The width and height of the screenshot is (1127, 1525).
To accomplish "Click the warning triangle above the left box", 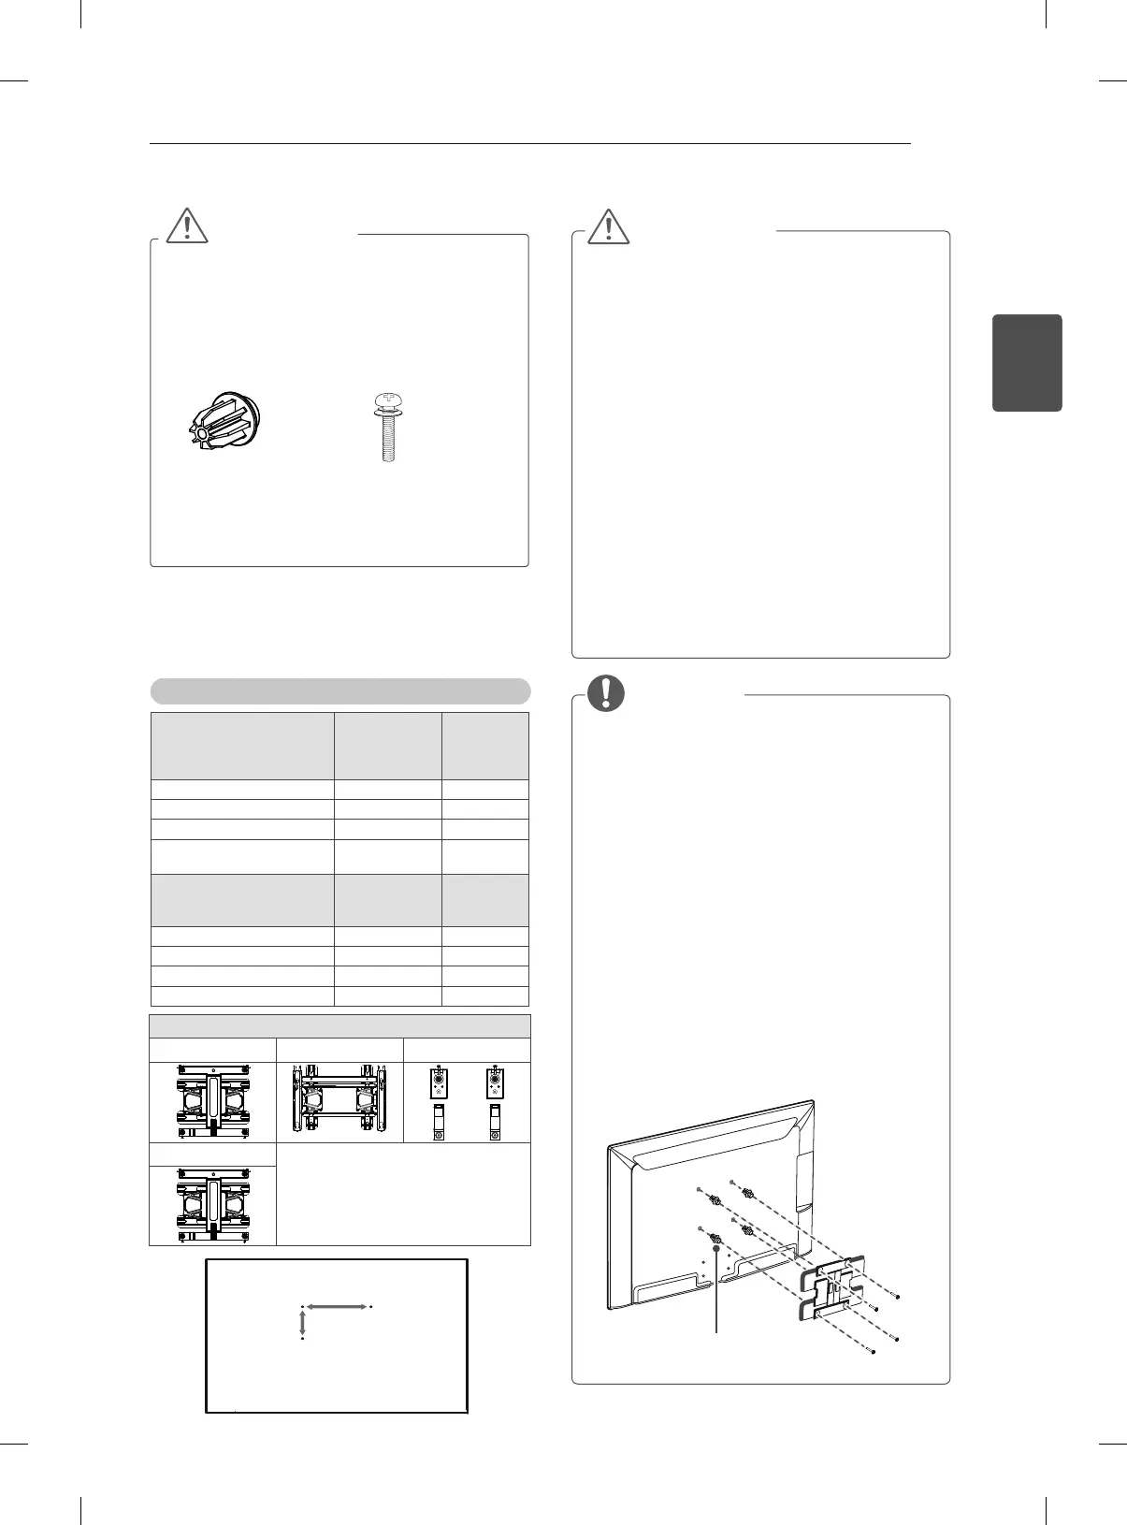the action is [186, 225].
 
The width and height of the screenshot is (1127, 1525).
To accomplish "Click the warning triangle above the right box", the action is [608, 225].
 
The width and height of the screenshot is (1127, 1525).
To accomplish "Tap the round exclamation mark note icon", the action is [607, 691].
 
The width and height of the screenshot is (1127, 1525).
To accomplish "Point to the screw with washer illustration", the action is [383, 428].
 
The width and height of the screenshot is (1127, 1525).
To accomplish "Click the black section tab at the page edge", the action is [1026, 362].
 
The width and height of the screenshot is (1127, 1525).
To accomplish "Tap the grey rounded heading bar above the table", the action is [340, 691].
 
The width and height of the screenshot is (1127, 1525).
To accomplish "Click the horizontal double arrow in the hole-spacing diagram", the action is [336, 1306].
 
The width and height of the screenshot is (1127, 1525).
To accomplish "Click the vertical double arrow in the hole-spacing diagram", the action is [302, 1323].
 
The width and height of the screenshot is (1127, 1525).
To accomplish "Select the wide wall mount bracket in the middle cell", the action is [340, 1101].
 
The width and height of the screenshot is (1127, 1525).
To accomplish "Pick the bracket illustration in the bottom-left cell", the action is [213, 1206].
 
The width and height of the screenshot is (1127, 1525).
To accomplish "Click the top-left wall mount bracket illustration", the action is [213, 1102].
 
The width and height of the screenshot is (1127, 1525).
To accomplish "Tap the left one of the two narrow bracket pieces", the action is [438, 1102].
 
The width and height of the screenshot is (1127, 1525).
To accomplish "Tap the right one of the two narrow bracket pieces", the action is [496, 1102].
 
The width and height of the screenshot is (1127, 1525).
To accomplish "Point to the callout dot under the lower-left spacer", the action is [716, 1248].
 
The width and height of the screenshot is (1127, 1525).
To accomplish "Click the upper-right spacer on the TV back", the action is [747, 1194].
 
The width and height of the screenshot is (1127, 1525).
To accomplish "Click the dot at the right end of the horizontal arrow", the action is [371, 1306].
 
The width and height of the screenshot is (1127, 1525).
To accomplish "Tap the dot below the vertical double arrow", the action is [302, 1339].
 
